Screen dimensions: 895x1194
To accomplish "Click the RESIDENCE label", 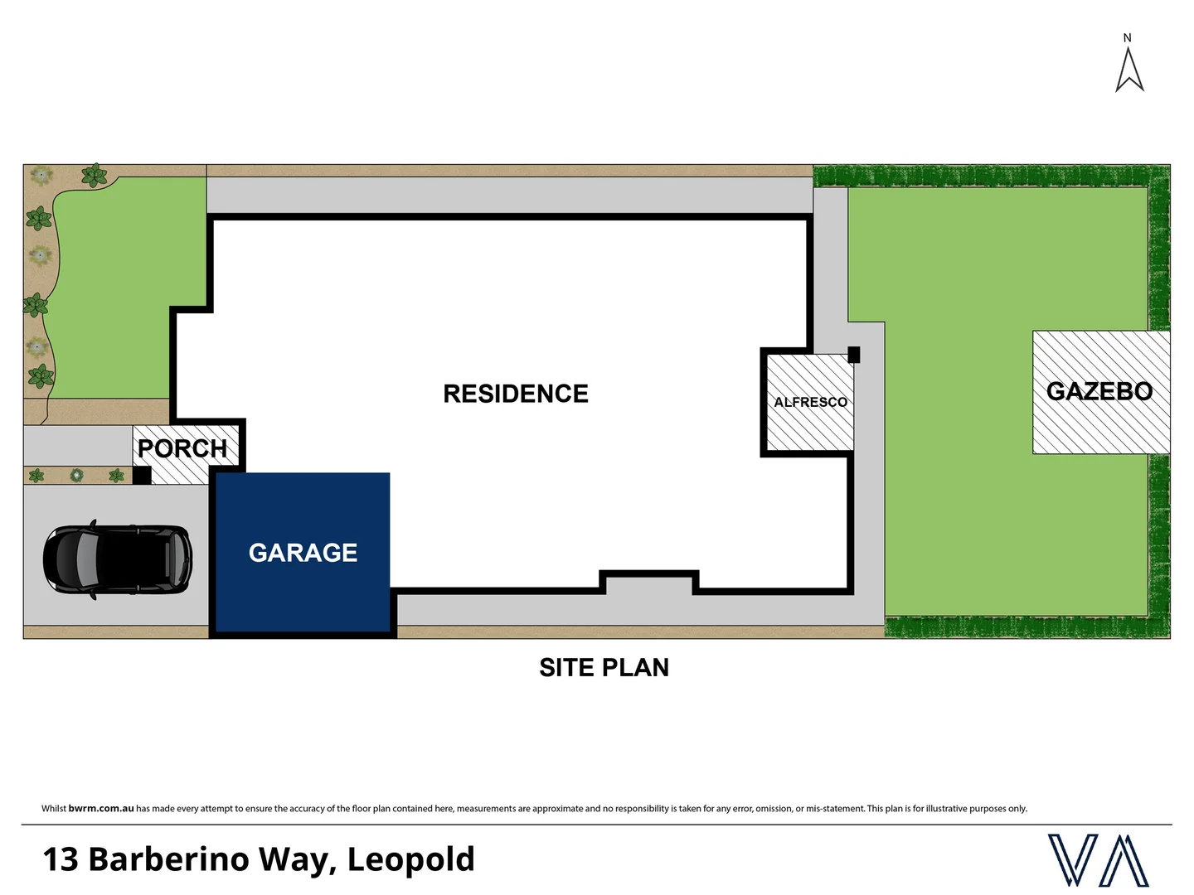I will pyautogui.click(x=516, y=394).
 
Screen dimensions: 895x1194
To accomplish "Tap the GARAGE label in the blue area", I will pyautogui.click(x=303, y=553).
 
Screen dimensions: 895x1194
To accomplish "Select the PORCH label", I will pyautogui.click(x=182, y=448).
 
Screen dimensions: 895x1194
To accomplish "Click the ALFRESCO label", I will pyautogui.click(x=810, y=402).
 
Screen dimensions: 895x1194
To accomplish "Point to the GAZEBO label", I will pyautogui.click(x=1099, y=391).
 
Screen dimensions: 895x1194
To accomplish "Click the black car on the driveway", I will pyautogui.click(x=118, y=559).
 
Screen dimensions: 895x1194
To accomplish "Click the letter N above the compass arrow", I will pyautogui.click(x=1127, y=38).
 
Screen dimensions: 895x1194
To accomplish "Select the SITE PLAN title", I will pyautogui.click(x=604, y=667).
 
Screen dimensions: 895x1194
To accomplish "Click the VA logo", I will pyautogui.click(x=1098, y=860).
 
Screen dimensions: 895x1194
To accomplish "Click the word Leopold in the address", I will pyautogui.click(x=410, y=859).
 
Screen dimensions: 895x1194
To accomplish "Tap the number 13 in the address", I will pyautogui.click(x=60, y=859).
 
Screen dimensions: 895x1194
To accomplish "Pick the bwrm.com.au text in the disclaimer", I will pyautogui.click(x=101, y=809).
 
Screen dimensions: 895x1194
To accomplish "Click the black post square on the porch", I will pyautogui.click(x=142, y=476).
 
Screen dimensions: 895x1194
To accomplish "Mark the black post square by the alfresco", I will pyautogui.click(x=853, y=355).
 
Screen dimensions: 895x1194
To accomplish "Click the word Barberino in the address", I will pyautogui.click(x=168, y=859).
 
